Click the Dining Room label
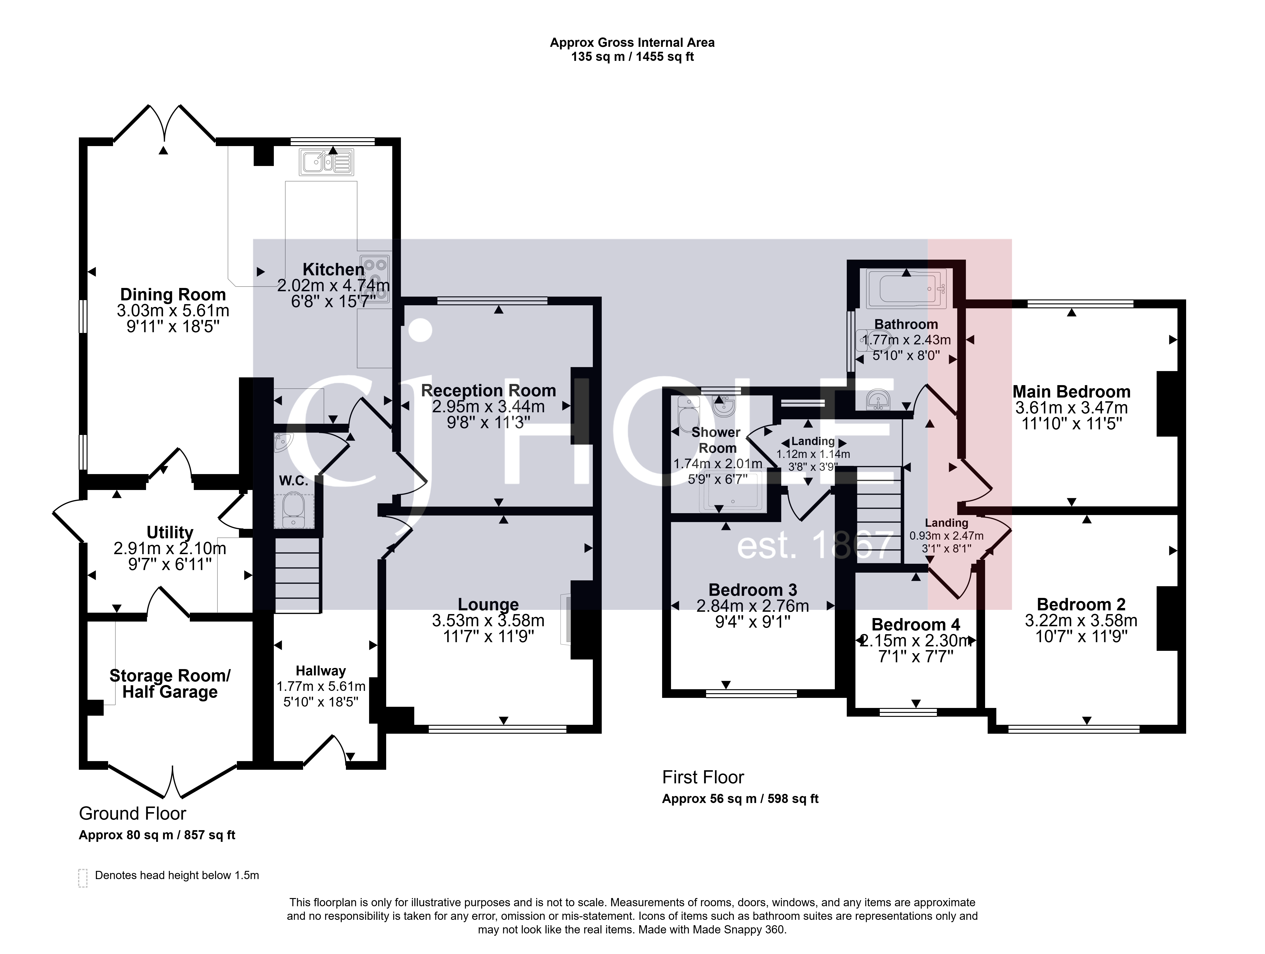click(x=173, y=295)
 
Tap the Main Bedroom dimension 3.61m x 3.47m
click(x=1071, y=408)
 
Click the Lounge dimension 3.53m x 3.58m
click(x=488, y=621)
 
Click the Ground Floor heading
click(x=133, y=813)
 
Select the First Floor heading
click(x=703, y=777)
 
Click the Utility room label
click(x=170, y=532)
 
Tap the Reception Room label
click(x=488, y=391)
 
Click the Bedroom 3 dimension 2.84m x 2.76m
click(x=753, y=606)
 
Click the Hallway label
click(x=321, y=671)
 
